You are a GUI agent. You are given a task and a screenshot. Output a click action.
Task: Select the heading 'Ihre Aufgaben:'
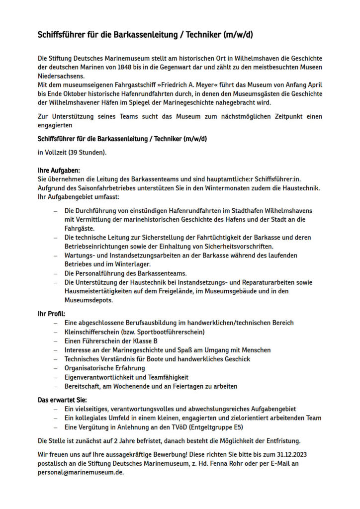(x=59, y=170)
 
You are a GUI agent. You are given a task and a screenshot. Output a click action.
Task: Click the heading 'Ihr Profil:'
(x=52, y=314)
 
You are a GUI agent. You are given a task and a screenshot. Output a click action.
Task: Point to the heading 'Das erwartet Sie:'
(x=63, y=400)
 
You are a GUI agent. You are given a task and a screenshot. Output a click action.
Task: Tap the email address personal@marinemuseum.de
(x=80, y=473)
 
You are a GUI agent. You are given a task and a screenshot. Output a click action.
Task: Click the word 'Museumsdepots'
(x=88, y=301)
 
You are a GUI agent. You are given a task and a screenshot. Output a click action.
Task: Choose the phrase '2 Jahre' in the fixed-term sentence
(x=128, y=441)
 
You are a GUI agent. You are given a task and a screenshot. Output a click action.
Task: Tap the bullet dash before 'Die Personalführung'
(x=56, y=274)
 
